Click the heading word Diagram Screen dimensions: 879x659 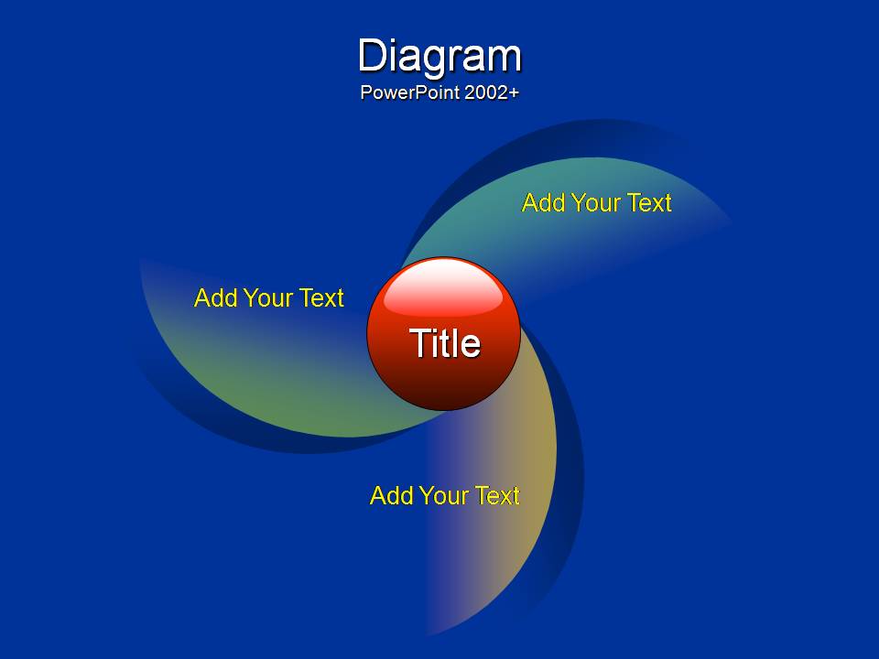440,57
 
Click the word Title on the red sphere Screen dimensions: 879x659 445,343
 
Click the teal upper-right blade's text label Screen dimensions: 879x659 596,203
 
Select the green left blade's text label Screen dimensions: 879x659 268,298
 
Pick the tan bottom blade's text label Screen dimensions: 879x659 445,495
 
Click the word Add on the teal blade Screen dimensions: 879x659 543,203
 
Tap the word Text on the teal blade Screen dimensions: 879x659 649,203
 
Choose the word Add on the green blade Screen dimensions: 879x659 215,298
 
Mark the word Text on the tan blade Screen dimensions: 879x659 497,495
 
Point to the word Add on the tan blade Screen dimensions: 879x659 391,495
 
